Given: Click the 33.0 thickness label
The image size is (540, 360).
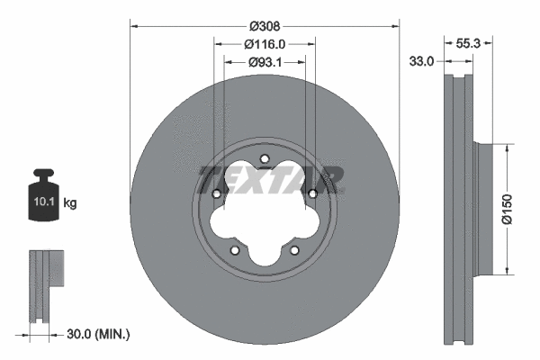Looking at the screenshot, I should (x=421, y=61).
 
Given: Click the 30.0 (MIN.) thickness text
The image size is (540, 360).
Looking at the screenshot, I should (x=99, y=334).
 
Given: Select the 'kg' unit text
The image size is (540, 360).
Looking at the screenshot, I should (x=70, y=204).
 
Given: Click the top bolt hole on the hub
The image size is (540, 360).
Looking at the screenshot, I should (x=265, y=161).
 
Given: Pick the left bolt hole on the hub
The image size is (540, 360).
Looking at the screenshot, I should (x=216, y=193).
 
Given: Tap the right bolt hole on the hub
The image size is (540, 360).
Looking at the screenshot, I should (x=312, y=193).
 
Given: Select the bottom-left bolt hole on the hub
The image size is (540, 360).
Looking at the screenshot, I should (x=234, y=251).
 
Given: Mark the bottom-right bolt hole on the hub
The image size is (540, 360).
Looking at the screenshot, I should (x=294, y=251).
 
